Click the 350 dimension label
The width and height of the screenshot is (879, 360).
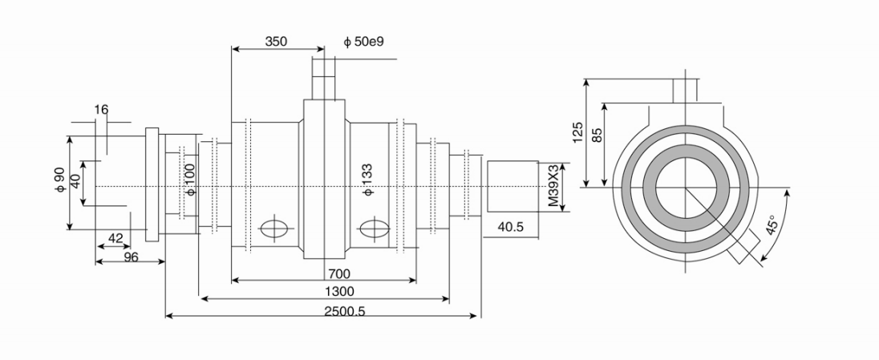pyautogui.click(x=275, y=40)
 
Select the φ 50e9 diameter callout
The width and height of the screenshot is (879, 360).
pyautogui.click(x=363, y=40)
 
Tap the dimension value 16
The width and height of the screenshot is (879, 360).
pyautogui.click(x=100, y=109)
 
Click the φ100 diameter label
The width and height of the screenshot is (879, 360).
pyautogui.click(x=190, y=180)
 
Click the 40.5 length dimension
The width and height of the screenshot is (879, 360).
pyautogui.click(x=511, y=228)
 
